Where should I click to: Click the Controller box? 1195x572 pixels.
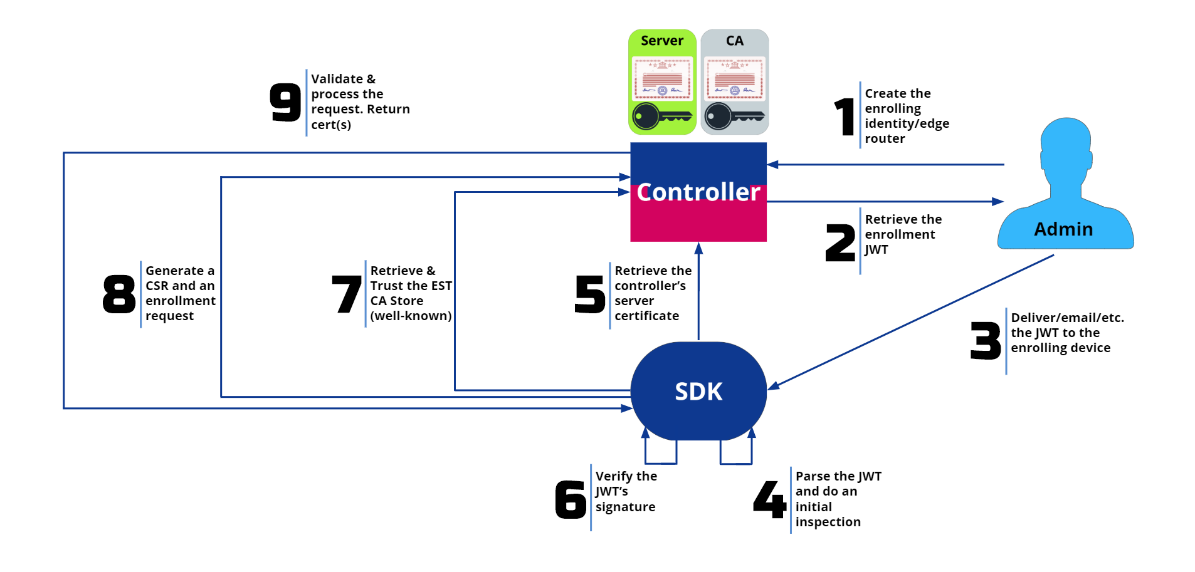[698, 192]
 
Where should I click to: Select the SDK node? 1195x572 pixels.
[698, 391]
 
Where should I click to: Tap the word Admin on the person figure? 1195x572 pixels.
[1063, 229]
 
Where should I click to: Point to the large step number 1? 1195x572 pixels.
[845, 117]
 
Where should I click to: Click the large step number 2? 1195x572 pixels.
[840, 243]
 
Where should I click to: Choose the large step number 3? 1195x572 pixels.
[986, 341]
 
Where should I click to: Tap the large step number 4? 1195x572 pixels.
[770, 499]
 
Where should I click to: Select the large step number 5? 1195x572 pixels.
[590, 294]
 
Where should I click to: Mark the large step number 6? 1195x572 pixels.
[571, 499]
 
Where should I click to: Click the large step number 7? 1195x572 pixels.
[347, 294]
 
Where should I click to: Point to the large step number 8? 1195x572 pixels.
[119, 294]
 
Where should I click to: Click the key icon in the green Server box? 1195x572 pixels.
[662, 116]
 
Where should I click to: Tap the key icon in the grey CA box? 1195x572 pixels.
[734, 116]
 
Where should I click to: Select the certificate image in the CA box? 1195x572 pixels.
[734, 79]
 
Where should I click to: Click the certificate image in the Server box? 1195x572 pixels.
[662, 79]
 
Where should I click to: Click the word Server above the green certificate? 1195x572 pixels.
[662, 41]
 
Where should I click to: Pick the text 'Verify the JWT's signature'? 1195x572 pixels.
[626, 492]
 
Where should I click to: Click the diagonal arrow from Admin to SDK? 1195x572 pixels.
[909, 322]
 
